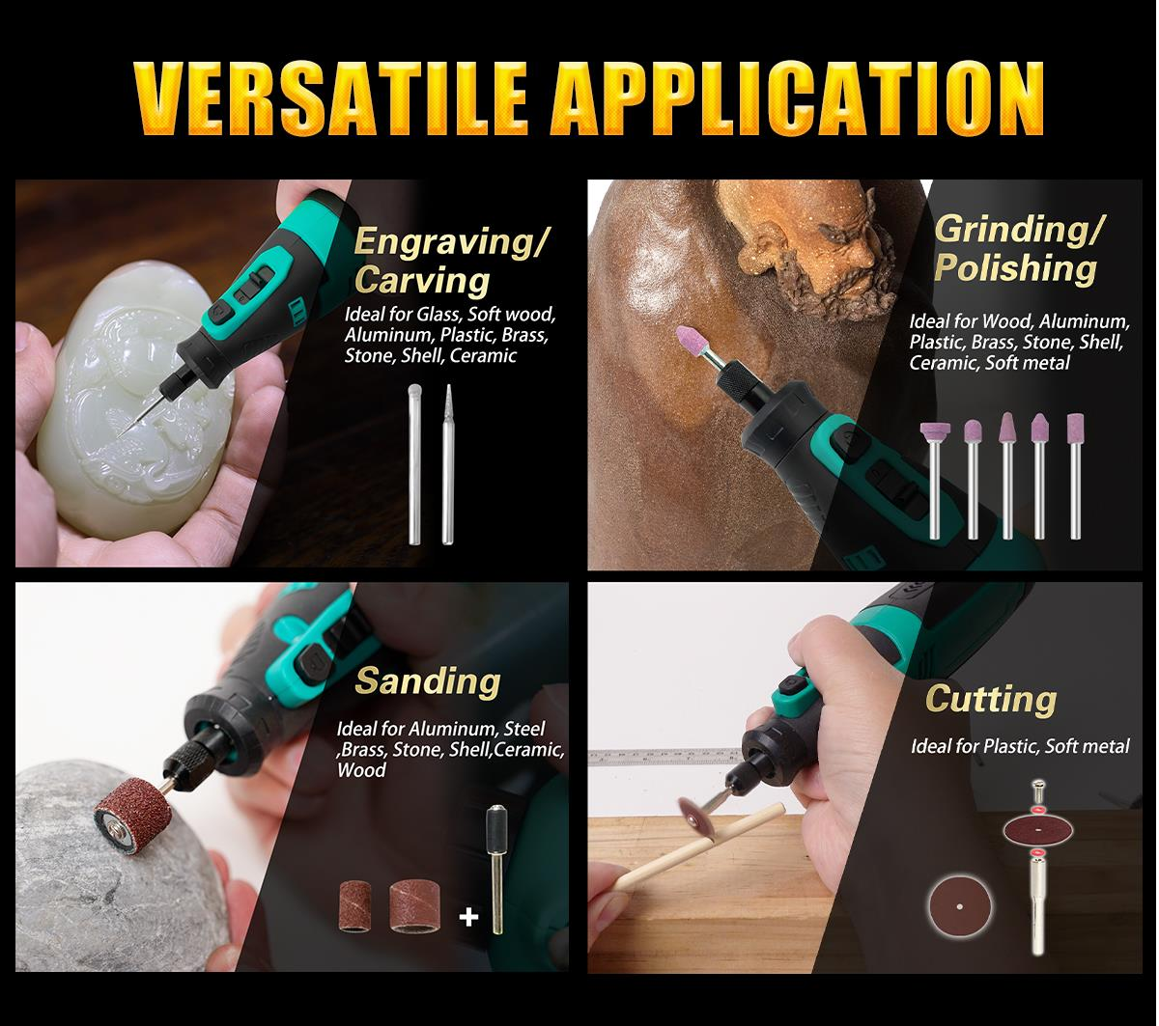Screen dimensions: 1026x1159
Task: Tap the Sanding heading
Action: click(428, 680)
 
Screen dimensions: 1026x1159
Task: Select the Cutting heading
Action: click(991, 699)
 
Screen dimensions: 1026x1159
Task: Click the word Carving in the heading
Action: click(422, 280)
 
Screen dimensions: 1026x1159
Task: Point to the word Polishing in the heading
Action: click(1015, 268)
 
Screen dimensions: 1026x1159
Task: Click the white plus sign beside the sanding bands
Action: click(469, 915)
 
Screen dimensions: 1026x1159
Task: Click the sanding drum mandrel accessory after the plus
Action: click(495, 869)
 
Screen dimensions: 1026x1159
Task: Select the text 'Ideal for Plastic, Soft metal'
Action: click(1020, 746)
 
